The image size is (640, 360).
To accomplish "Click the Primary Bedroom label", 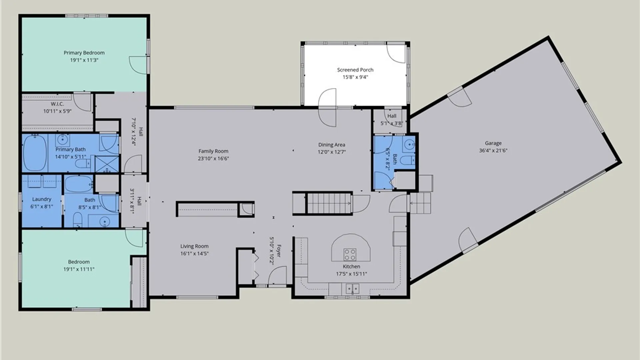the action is pyautogui.click(x=84, y=53).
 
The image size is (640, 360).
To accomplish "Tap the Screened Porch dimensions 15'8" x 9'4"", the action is pyautogui.click(x=355, y=77).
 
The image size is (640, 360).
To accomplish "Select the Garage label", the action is pyautogui.click(x=493, y=143).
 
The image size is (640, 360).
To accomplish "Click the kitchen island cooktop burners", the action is pyautogui.click(x=350, y=254).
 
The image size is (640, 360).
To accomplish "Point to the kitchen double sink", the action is pyautogui.click(x=352, y=288).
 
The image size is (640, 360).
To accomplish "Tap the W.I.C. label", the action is pyautogui.click(x=57, y=104).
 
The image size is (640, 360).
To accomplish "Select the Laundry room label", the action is pyautogui.click(x=42, y=199).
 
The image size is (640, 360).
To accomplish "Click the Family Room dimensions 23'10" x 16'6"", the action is pyautogui.click(x=213, y=158).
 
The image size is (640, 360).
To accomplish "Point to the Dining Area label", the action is pyautogui.click(x=332, y=145).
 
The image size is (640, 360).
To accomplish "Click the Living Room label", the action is pyautogui.click(x=194, y=246).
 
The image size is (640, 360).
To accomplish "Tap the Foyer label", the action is pyautogui.click(x=279, y=251).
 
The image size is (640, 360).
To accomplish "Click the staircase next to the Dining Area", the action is pyautogui.click(x=329, y=203).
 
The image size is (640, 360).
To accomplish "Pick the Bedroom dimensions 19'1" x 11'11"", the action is pyautogui.click(x=79, y=269).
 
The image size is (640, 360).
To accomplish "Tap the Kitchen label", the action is pyautogui.click(x=351, y=266).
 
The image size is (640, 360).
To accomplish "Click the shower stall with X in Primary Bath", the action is pyautogui.click(x=107, y=164).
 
